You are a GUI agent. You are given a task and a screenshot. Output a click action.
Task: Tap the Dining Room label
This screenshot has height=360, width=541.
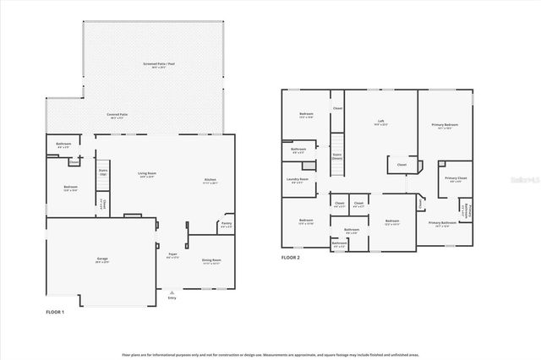coord(211,261)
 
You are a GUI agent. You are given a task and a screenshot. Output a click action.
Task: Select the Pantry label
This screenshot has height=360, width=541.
coord(226,226)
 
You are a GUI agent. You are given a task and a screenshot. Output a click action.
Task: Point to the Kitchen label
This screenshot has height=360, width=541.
coord(210,181)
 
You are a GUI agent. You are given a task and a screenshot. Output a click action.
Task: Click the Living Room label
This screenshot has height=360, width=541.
coord(147,175)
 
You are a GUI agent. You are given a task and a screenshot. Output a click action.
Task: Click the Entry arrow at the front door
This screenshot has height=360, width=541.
coord(172,292)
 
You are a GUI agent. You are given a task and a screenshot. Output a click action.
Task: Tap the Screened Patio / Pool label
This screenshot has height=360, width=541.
coord(159,65)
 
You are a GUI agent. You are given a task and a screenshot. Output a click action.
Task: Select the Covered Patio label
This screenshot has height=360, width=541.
coord(117,114)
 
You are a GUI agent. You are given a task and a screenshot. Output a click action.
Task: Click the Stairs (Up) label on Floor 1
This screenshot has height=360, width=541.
coord(103,172)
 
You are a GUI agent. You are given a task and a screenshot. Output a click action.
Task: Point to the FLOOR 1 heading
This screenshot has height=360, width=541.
coord(55,312)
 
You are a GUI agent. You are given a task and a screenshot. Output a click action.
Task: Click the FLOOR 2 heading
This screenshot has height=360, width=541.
coord(290,258)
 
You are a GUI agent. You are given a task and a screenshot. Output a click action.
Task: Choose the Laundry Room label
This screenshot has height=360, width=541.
coord(298,181)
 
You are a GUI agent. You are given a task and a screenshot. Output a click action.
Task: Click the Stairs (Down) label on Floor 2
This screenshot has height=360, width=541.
coord(337,157)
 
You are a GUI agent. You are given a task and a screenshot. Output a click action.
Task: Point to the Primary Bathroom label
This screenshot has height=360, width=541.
coord(441,224)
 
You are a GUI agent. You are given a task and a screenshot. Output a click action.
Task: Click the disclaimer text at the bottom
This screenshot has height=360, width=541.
coord(270,354)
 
